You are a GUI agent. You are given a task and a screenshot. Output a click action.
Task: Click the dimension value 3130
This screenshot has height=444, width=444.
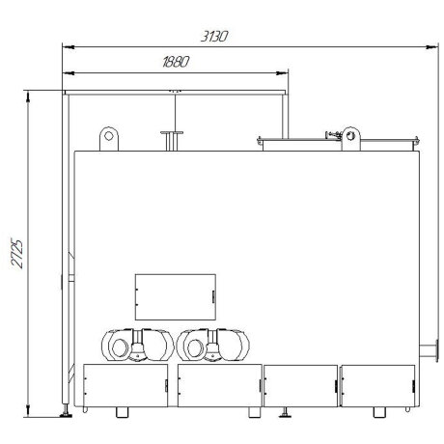214,37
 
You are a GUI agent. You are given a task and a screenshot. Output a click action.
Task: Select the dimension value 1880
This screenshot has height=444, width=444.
176,62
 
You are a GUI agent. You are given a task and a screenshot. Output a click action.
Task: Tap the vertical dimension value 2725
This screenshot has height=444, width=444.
17,254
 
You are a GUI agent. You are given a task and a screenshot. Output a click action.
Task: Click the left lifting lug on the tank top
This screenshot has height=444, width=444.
109,139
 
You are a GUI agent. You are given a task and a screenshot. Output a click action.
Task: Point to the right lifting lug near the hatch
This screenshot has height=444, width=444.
350,139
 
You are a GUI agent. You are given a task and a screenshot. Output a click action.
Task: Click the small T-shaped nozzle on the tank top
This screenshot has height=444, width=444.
172,141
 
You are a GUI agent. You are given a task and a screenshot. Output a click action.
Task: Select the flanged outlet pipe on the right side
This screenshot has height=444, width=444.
430,350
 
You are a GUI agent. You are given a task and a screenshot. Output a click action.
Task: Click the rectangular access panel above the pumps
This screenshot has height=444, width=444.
176,297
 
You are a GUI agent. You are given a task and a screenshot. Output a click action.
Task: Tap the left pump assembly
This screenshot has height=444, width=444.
138,345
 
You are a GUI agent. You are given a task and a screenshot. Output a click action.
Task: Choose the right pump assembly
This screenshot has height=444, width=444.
213,345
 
